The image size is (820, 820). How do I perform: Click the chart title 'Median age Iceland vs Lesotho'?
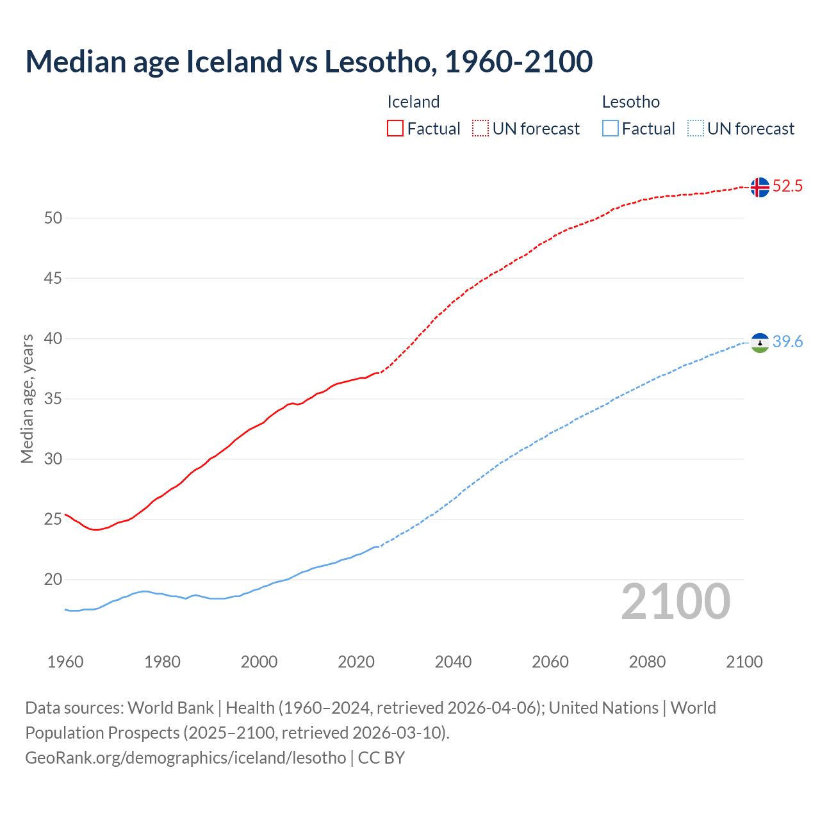point(309,61)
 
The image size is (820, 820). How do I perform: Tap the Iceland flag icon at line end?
point(760,187)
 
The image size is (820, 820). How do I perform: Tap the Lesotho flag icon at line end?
point(760,343)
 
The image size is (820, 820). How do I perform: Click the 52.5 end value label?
point(787,186)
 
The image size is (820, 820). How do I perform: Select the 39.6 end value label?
point(787,342)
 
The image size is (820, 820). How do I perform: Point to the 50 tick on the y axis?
point(53,218)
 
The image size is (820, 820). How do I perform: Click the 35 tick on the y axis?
point(53,399)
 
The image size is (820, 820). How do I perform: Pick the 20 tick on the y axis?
point(53,580)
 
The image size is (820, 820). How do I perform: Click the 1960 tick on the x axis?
point(65,662)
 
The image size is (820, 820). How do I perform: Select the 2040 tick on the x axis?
point(453,662)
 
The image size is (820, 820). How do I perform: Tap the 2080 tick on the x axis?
point(647,662)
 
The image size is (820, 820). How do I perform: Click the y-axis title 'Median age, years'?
point(27,398)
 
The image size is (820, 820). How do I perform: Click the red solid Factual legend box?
point(395,129)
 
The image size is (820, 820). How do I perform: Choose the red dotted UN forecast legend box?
point(480,129)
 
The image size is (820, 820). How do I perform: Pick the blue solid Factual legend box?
point(611,129)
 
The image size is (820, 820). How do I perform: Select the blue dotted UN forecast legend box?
point(695,129)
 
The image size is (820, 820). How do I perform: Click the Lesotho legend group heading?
point(630,102)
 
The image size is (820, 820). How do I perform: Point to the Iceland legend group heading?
point(413,102)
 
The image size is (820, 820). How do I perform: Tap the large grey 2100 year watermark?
point(675,602)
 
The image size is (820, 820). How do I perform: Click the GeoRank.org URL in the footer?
point(186,758)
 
